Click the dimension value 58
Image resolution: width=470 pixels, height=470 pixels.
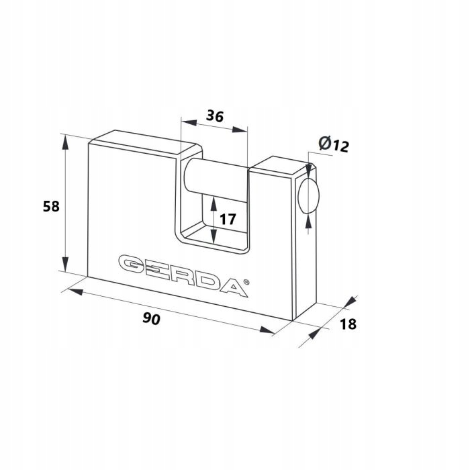51,207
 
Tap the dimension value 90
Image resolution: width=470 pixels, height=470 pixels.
151,318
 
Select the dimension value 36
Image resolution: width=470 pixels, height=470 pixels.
215,116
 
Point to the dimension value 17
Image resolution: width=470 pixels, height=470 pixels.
228,219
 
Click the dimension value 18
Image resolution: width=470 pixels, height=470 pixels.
348,324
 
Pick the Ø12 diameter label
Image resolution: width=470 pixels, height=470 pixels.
334,144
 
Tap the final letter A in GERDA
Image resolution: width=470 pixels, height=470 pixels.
234,287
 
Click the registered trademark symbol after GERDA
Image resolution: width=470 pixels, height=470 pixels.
246,282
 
